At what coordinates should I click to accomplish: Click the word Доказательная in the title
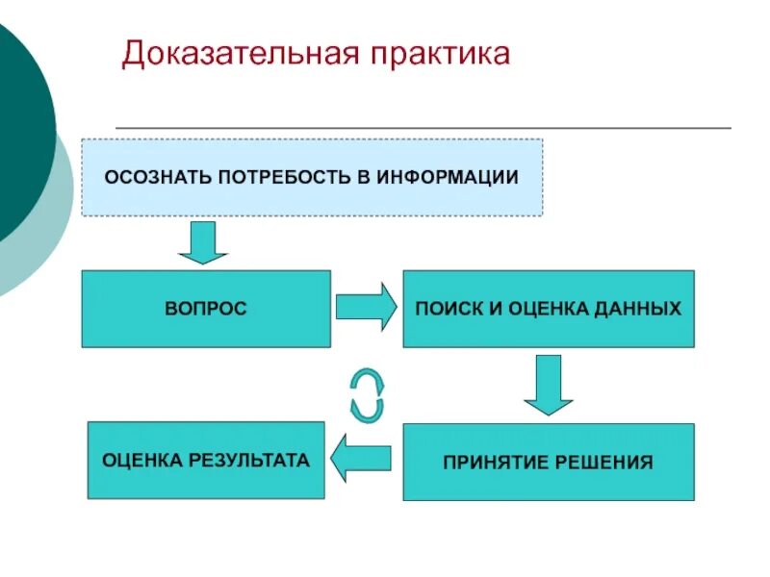point(239,54)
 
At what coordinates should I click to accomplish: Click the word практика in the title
point(439,54)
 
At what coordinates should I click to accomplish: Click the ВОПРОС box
point(206,309)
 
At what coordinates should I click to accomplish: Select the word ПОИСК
point(444,309)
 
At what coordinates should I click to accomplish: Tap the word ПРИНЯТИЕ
point(498,463)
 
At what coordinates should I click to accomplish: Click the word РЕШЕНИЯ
point(605,463)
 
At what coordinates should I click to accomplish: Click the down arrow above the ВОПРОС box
point(203,242)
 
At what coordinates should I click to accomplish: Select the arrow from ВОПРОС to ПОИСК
point(366,308)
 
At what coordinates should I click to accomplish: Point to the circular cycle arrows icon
point(366,393)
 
